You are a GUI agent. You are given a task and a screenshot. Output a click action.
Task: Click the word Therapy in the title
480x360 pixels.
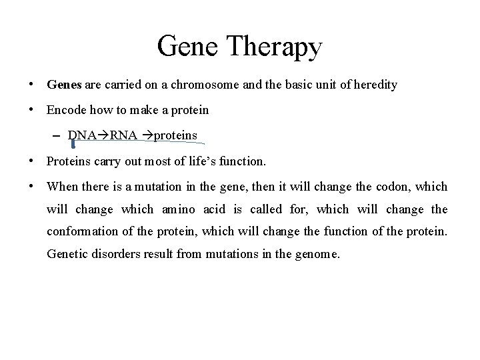pyautogui.click(x=274, y=47)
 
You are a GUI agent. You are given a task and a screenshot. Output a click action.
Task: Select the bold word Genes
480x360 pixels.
pyautogui.click(x=64, y=85)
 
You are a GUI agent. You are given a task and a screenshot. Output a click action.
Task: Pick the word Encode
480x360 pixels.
pyautogui.click(x=65, y=110)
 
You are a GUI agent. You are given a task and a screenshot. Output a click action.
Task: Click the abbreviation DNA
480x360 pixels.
pyautogui.click(x=82, y=135)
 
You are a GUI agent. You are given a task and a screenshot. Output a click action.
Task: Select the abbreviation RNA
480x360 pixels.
pyautogui.click(x=123, y=135)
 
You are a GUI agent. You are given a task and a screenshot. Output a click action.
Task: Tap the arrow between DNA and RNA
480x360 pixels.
pyautogui.click(x=103, y=135)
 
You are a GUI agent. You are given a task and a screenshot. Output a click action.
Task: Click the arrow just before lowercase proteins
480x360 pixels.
pyautogui.click(x=147, y=135)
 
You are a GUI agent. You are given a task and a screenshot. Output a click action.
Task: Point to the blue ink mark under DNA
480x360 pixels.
pyautogui.click(x=73, y=143)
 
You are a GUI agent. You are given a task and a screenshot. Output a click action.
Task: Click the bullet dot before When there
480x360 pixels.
pyautogui.click(x=31, y=187)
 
